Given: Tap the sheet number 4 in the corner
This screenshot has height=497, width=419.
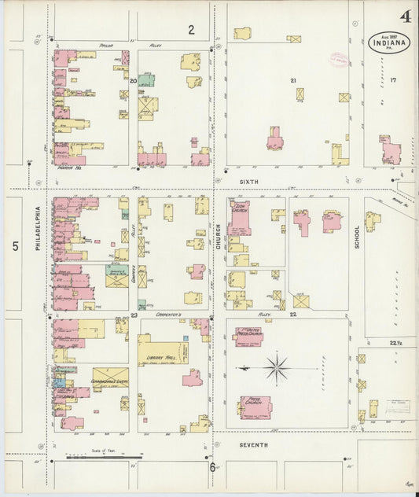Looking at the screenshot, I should (405, 16).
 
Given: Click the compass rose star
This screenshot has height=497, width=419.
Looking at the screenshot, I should (276, 367).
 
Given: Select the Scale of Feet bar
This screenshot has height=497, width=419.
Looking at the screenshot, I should (104, 455).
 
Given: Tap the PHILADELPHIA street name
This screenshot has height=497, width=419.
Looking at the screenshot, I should (37, 228).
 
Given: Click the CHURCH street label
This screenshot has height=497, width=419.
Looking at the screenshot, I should (219, 235).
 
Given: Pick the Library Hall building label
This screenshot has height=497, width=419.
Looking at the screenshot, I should (160, 356).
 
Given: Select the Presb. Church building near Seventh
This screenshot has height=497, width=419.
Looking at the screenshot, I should (255, 407).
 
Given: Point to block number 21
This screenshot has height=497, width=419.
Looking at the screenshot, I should (293, 80).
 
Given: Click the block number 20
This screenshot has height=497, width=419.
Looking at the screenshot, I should (133, 80).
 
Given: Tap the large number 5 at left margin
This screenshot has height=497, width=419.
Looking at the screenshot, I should (15, 246).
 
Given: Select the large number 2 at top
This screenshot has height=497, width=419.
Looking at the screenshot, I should (190, 30).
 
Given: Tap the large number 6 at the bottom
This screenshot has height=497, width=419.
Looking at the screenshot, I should (212, 467).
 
